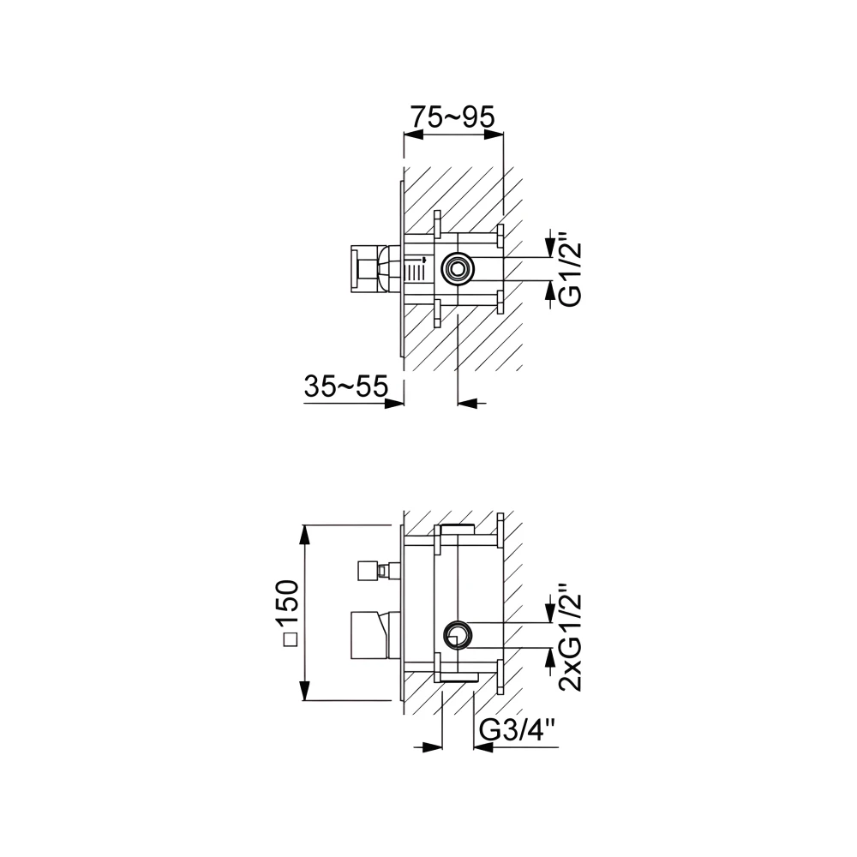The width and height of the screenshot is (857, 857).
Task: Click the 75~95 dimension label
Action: click(452, 117)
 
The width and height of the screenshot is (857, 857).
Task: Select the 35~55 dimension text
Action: click(345, 387)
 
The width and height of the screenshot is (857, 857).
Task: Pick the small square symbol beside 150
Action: click(290, 639)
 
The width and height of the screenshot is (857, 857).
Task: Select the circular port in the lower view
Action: click(455, 635)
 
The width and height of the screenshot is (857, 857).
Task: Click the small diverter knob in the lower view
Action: click(369, 568)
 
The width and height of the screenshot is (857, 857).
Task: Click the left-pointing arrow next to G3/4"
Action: click(482, 746)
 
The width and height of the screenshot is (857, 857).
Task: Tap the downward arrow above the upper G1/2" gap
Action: click(549, 249)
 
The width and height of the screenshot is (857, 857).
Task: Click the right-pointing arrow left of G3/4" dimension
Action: click(433, 746)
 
